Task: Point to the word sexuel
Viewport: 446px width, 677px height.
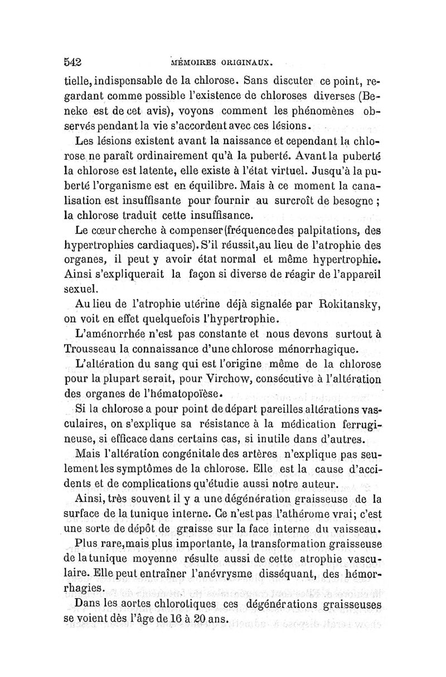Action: pos(82,289)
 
